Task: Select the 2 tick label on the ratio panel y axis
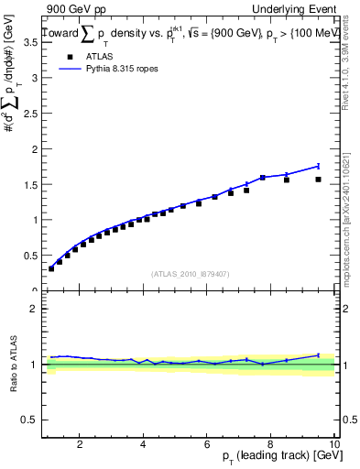32,309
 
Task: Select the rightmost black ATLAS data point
318,180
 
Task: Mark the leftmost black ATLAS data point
51,268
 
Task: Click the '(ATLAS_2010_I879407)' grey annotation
190,274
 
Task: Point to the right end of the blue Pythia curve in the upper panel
318,166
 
